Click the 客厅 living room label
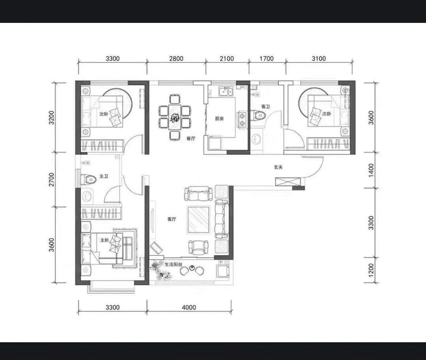click(172, 219)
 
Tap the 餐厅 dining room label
click(191, 138)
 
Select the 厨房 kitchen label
click(219, 118)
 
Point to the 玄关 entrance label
click(278, 167)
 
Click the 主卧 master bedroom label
click(105, 240)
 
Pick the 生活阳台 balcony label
click(173, 264)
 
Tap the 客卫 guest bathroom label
click(265, 107)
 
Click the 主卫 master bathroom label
click(104, 176)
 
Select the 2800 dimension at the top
click(176, 58)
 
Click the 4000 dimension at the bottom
click(189, 307)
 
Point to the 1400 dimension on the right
click(371, 170)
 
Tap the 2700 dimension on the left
click(51, 180)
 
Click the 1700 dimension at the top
click(267, 58)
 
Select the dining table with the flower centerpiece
click(174, 117)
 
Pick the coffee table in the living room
click(198, 220)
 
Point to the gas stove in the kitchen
click(242, 120)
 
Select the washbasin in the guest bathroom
click(256, 140)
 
